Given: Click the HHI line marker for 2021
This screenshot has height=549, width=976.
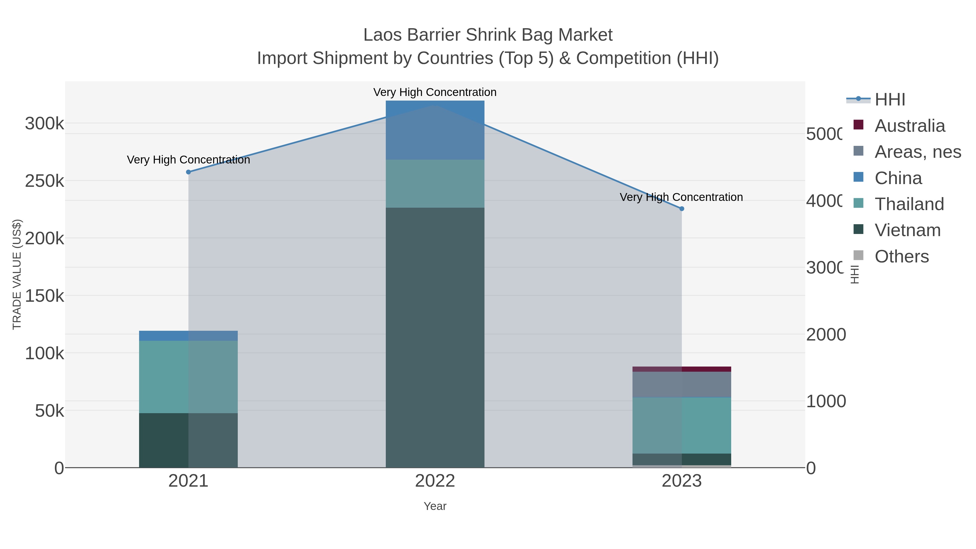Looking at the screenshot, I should point(188,172).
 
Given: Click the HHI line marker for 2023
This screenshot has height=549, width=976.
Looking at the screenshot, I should point(682,209).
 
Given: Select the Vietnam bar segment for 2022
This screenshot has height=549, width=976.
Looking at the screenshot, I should point(435,337).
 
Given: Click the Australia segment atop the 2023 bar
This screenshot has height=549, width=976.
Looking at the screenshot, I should point(682,369).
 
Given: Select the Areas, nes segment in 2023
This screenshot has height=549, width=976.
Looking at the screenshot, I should point(682,384).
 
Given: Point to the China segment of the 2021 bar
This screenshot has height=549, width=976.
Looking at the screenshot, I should point(188,336).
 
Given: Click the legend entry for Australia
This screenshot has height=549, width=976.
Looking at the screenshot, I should point(909,126).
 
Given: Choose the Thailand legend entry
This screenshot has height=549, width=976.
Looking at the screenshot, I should point(909,204).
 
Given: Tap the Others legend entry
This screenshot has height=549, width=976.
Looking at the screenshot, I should point(901,256).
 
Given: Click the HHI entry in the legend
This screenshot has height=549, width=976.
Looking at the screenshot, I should point(890,100).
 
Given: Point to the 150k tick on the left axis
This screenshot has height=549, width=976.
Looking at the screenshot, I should point(44,296).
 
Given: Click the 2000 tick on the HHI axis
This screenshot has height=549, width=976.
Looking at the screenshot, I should point(826,335).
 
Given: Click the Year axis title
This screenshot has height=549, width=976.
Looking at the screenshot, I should point(435,506).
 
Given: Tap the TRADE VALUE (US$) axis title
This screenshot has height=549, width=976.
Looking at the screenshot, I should point(17,274).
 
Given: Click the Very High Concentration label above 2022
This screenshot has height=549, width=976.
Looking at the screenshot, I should point(435,92).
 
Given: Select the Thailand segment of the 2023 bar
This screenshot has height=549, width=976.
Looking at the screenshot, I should point(682,425).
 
